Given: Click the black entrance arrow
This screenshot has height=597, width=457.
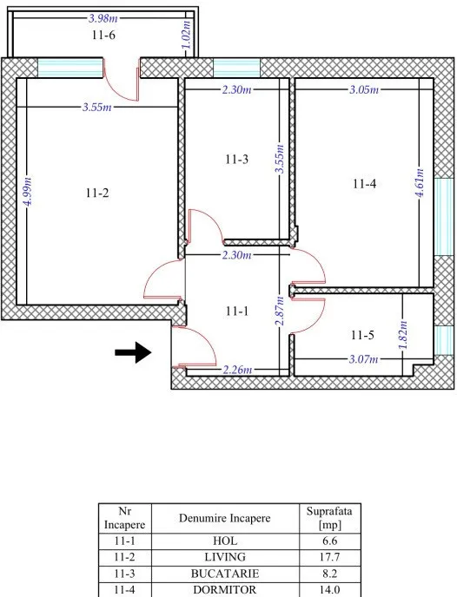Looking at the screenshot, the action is (134, 352).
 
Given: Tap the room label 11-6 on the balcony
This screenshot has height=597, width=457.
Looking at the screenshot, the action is (103, 35).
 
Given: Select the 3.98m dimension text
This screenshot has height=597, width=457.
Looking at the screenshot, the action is (103, 18).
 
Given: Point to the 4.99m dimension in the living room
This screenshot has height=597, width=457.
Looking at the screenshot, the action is (28, 192).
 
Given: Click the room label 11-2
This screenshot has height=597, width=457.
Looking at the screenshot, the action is (97, 193).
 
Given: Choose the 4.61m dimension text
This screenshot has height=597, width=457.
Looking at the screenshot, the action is (420, 183).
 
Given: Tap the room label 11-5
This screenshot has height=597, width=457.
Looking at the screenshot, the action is (362, 336).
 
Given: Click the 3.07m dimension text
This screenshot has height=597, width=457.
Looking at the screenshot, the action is (364, 359).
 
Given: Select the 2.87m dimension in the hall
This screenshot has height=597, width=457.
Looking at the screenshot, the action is (280, 311).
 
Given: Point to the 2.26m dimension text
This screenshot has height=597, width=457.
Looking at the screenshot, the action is (237, 370).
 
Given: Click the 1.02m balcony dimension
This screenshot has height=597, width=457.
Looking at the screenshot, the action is (186, 35).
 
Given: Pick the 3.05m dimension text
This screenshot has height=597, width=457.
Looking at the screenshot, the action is (364, 90).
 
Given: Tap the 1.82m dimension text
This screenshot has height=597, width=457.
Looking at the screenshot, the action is (403, 335).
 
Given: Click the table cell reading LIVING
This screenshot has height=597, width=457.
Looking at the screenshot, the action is (225, 557).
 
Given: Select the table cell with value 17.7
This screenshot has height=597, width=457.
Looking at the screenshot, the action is (329, 557).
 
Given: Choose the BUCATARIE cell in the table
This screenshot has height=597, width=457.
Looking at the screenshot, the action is (225, 574).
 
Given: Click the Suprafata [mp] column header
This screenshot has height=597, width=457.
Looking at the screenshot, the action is (329, 518).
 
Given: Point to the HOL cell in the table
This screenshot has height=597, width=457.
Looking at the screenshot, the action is (225, 541).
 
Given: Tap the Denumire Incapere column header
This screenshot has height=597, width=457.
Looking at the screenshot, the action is (225, 518).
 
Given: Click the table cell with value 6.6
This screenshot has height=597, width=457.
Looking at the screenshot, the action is (329, 541).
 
